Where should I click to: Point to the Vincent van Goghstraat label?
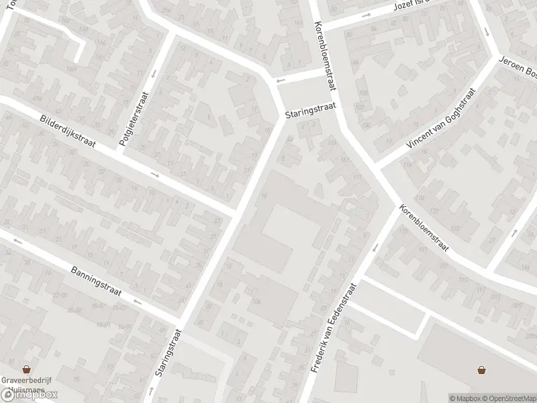[440, 120]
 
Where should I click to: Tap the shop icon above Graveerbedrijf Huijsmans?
[27, 369]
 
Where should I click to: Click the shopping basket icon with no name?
[481, 369]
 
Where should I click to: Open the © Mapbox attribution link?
[465, 398]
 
